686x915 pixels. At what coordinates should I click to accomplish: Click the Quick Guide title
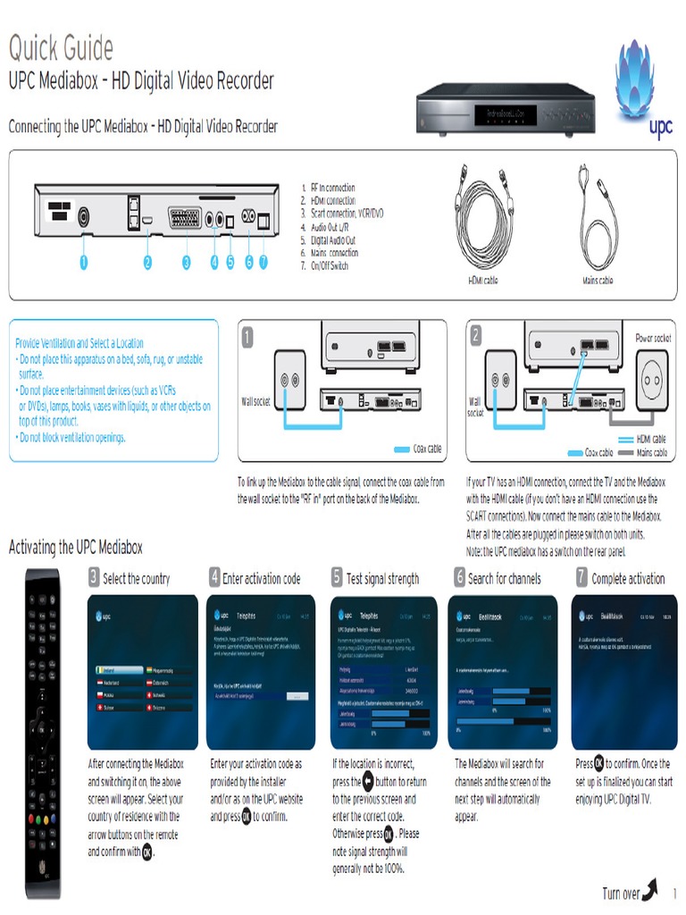[x=61, y=46]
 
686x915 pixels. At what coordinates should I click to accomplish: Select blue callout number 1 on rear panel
[x=82, y=263]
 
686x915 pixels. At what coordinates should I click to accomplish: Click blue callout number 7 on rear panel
[x=264, y=263]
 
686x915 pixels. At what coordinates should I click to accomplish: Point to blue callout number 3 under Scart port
[x=186, y=263]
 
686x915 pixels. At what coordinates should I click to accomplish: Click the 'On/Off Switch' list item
[x=324, y=266]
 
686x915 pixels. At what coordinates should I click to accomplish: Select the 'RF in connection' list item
[x=328, y=188]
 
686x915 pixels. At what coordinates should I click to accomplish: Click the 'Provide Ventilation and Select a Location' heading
[x=79, y=343]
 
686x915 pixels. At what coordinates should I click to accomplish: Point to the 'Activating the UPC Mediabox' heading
[x=75, y=547]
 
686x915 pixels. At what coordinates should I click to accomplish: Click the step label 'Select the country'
[x=136, y=579]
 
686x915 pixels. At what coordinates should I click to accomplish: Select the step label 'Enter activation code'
[x=261, y=579]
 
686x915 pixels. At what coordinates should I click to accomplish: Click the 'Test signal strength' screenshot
[x=384, y=673]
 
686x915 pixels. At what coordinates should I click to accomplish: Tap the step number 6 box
[x=459, y=577]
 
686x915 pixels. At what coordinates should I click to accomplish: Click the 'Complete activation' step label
[x=628, y=579]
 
